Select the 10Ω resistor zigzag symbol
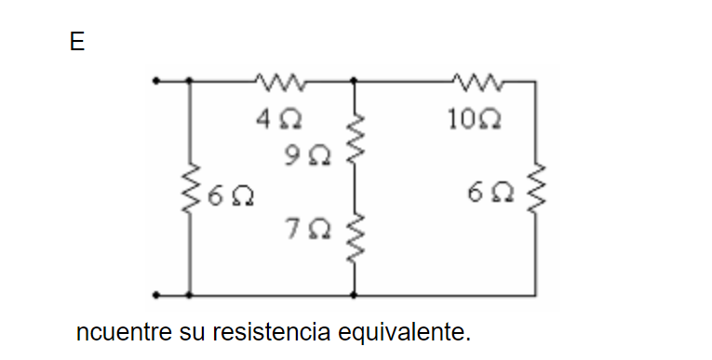[475, 82]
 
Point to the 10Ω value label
[485, 120]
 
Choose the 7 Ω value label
[307, 226]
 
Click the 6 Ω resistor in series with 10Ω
[535, 193]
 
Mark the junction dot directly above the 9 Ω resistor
[353, 82]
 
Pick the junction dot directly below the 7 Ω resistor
[353, 295]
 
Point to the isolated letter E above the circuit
[76, 44]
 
